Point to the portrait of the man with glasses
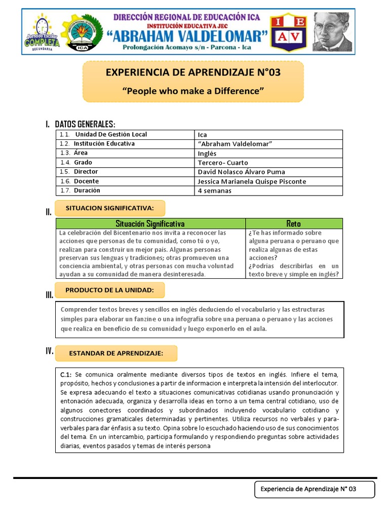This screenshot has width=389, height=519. coord(332,31)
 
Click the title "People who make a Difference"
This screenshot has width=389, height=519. coord(193,91)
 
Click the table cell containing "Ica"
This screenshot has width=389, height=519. coord(203,135)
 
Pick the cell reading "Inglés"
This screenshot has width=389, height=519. coord(207,153)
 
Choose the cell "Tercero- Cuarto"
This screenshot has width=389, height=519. coord(223,163)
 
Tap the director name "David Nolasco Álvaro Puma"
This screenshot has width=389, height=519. coord(242,172)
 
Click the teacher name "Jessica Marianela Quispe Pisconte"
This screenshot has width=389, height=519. coord(252,181)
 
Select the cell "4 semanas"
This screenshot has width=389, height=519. coord(215,191)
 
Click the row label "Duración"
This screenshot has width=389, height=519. coord(87,191)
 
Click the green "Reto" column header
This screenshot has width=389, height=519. coord(294,224)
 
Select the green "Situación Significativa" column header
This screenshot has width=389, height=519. coord(150,224)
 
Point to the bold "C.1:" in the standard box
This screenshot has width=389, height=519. coord(66,374)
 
